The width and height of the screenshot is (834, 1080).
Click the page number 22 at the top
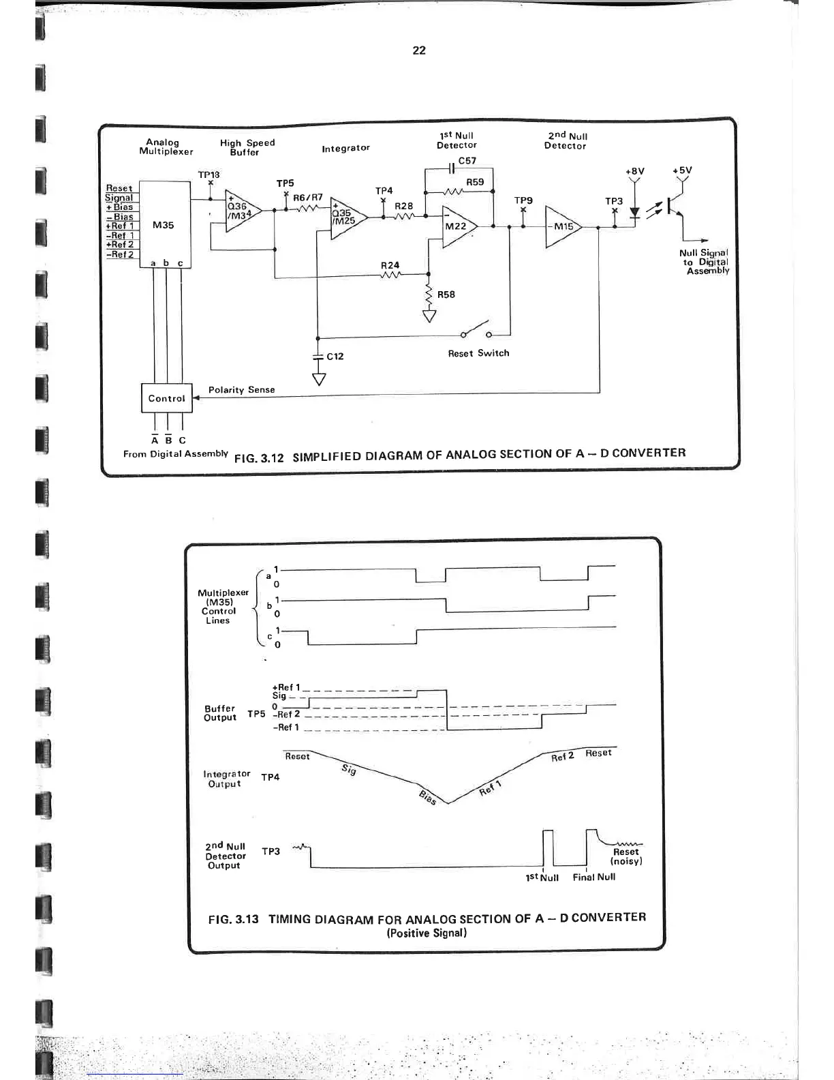pos(419,50)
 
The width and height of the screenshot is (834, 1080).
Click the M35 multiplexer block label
pos(164,225)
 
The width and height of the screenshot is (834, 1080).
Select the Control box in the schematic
pos(166,399)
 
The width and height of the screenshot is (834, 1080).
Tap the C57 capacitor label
pos(467,161)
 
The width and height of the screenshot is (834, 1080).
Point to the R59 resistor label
pos(475,182)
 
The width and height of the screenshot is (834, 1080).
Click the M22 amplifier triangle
pos(458,226)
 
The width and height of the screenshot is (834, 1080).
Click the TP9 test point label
pos(523,200)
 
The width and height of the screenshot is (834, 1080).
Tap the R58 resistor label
pos(446,295)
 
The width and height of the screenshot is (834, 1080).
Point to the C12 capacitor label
pos(335,357)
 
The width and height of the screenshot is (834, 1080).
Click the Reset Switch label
pos(478,353)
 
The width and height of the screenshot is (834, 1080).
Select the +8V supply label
pos(634,171)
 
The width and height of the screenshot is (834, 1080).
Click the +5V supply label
pos(681,170)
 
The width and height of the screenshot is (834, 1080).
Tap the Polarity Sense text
pos(242,390)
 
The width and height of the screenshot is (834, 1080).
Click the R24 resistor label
pos(390,265)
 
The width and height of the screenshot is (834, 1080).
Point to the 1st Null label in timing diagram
pos(542,878)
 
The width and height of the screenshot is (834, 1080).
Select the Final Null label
pos(594,877)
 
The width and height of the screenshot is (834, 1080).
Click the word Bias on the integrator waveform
pos(427,796)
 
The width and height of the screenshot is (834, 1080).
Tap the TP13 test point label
pos(208,175)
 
